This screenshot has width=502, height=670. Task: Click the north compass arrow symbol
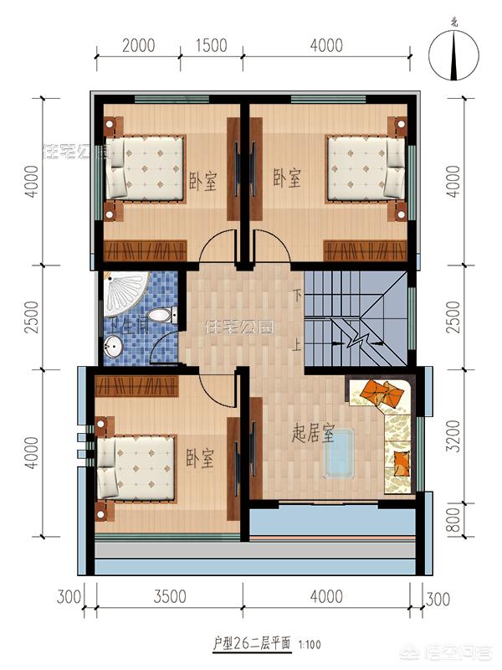click(453, 56)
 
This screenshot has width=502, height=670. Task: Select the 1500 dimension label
click(213, 44)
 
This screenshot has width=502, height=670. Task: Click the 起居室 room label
click(313, 434)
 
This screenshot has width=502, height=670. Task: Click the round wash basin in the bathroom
click(115, 345)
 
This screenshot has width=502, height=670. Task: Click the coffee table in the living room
click(341, 453)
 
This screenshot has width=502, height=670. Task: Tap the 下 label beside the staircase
click(297, 295)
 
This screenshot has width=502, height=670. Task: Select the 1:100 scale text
click(309, 645)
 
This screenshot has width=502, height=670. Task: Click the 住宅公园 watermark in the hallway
click(239, 327)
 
